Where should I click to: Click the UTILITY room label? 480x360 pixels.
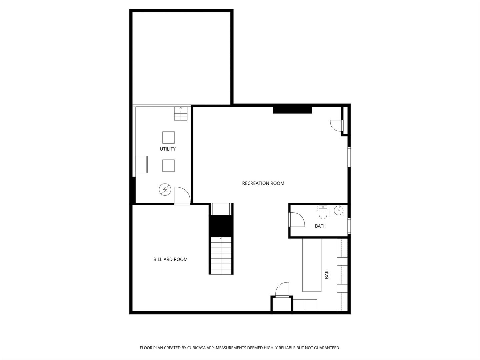point(168,149)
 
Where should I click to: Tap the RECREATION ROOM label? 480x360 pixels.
point(263,183)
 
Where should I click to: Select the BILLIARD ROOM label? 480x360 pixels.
point(170,259)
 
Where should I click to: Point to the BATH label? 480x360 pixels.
point(321,226)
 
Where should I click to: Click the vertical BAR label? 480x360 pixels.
point(327,274)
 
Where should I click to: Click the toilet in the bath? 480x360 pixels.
point(322,214)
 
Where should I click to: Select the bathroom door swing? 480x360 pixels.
point(297,220)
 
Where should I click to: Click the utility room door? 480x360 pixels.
point(182,195)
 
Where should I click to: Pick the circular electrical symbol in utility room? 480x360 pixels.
point(165,190)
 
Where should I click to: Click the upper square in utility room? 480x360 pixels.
point(168,137)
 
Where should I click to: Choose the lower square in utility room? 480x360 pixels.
point(168,166)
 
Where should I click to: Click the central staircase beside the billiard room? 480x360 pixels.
point(221,255)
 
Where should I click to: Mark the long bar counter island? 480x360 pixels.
point(312,265)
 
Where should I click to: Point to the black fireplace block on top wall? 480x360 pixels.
point(292,110)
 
